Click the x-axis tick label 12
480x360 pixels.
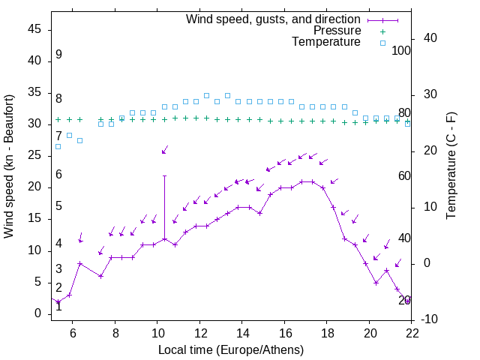click(200, 334)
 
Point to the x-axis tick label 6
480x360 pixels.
click(73, 334)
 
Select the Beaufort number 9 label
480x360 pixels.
click(58, 55)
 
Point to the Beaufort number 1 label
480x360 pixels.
click(58, 306)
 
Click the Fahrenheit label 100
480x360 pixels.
click(401, 50)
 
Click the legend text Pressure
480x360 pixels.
click(336, 31)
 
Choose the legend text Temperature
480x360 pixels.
click(326, 42)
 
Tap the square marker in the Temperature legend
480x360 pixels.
click(382, 43)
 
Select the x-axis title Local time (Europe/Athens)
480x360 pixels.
click(231, 349)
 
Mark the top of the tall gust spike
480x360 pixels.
click(164, 175)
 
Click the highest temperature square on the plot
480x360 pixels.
click(206, 96)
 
